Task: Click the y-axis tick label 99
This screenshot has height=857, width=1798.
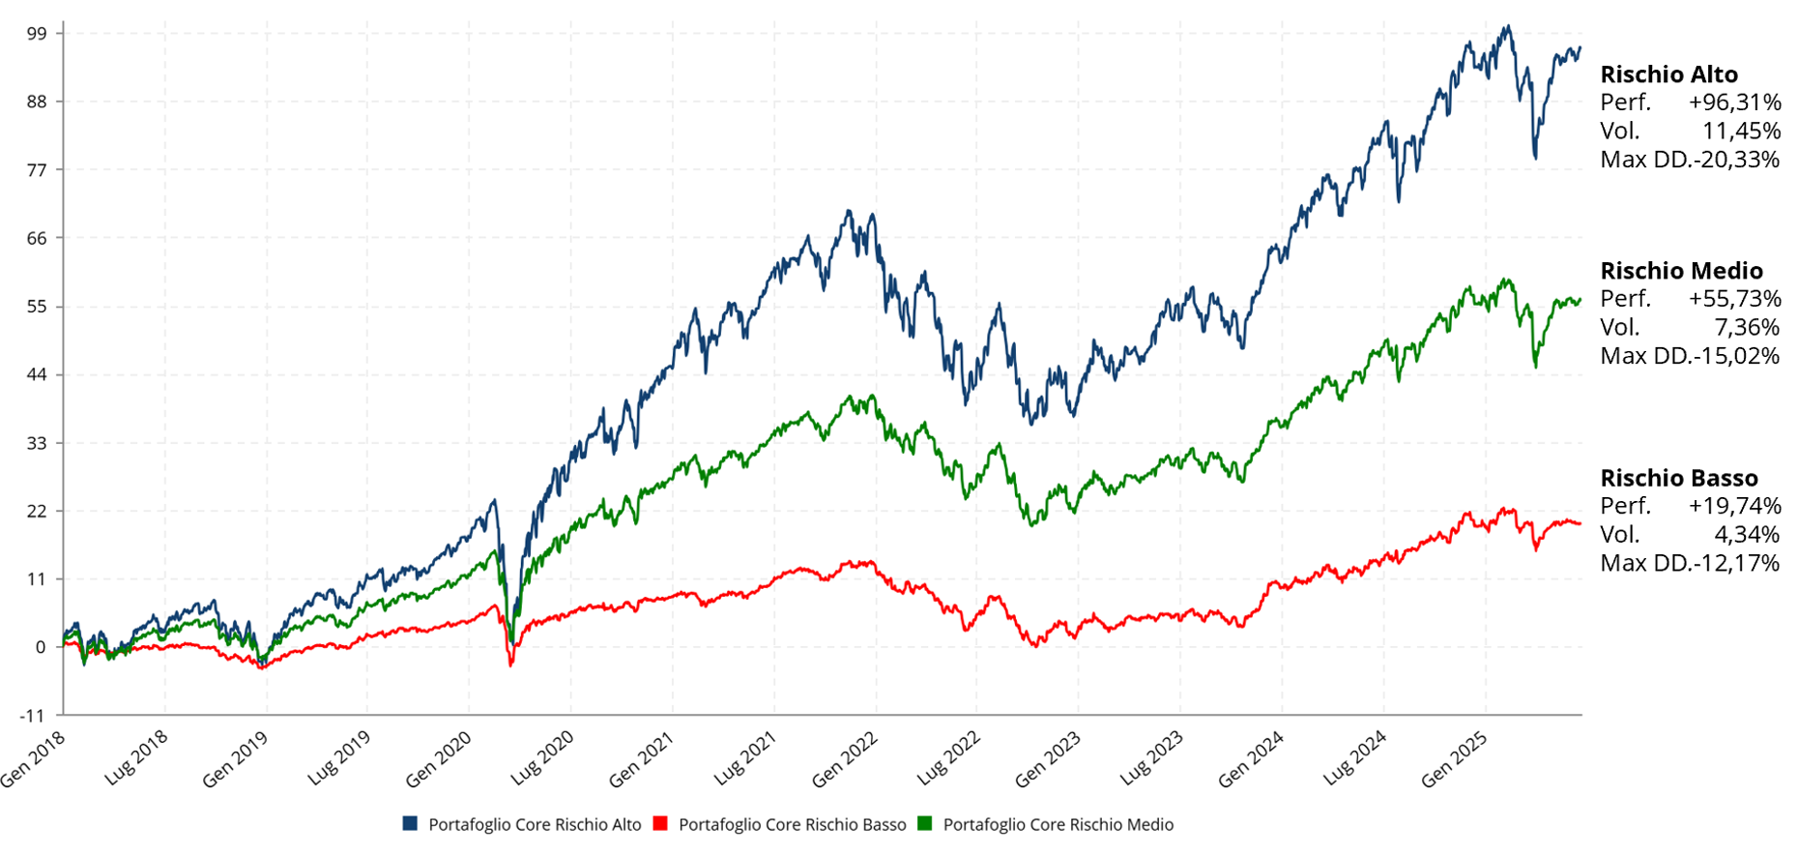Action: pyautogui.click(x=37, y=33)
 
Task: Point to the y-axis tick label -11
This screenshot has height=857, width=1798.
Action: pyautogui.click(x=33, y=716)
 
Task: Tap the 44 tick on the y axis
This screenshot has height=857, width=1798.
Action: pyautogui.click(x=36, y=374)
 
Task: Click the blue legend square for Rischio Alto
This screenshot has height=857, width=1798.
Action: pyautogui.click(x=411, y=824)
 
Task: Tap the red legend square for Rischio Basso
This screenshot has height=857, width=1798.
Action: pyautogui.click(x=661, y=824)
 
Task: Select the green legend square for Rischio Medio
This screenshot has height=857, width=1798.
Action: pyautogui.click(x=925, y=824)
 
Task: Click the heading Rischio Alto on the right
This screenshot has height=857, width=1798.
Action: pyautogui.click(x=1668, y=74)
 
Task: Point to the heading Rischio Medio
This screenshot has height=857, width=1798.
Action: pyautogui.click(x=1681, y=271)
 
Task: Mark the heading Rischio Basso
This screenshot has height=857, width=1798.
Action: pyautogui.click(x=1679, y=478)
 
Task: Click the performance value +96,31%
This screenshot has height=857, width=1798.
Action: pyautogui.click(x=1734, y=103)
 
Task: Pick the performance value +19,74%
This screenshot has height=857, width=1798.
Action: pyautogui.click(x=1734, y=506)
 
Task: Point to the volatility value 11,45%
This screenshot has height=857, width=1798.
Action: pyautogui.click(x=1741, y=131)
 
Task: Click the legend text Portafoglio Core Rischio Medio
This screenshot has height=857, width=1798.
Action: pyautogui.click(x=1058, y=824)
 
